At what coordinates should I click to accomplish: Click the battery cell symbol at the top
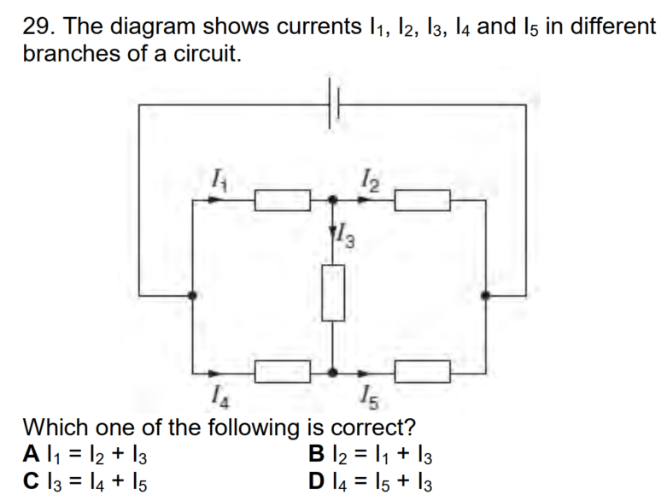point(334,103)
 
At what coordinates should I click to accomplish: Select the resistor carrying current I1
point(283,200)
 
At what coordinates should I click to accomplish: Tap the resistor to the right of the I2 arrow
point(423,200)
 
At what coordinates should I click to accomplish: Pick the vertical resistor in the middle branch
point(333,292)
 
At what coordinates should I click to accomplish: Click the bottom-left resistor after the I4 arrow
point(283,372)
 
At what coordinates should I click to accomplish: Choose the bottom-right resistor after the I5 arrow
point(423,372)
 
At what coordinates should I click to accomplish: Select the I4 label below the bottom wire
point(221,397)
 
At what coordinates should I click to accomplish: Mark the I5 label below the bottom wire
point(369,398)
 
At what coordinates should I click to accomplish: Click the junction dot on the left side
point(192,295)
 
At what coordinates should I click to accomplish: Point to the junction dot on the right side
point(485,295)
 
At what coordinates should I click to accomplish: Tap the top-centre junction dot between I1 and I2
point(333,199)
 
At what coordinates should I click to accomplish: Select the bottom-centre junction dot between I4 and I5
point(333,373)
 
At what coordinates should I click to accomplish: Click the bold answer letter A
point(32,453)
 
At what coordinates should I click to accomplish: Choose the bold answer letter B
point(317,453)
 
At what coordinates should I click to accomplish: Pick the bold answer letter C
point(32,480)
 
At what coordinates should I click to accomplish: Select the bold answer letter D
point(317,480)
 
